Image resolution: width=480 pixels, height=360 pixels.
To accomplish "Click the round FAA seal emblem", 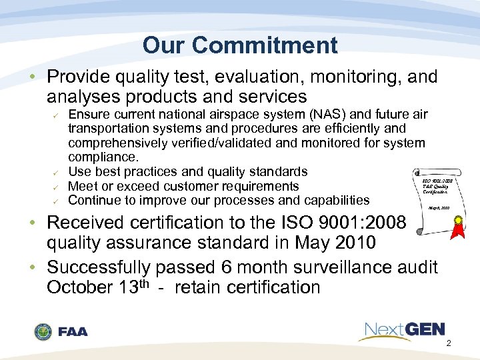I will pyautogui.click(x=44, y=331).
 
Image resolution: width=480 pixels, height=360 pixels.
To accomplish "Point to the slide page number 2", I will pyautogui.click(x=448, y=343).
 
